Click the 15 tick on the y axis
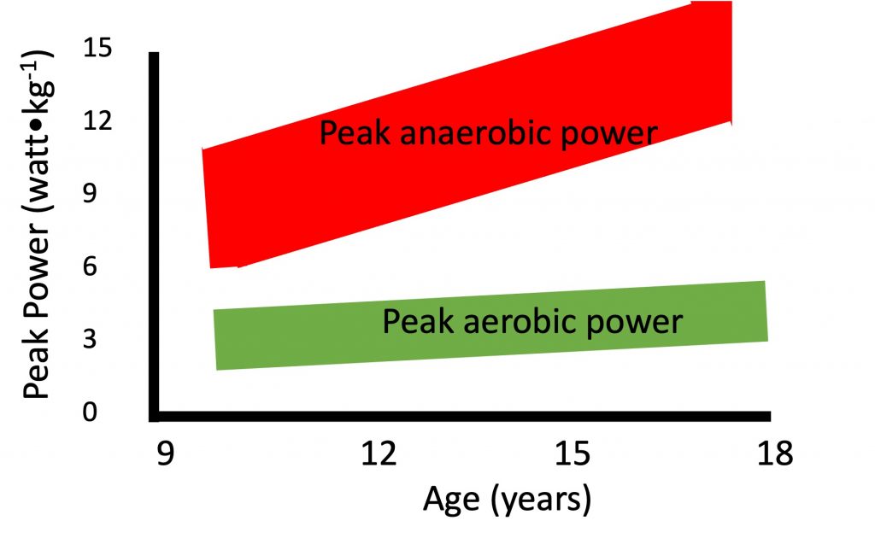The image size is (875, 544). click(x=100, y=49)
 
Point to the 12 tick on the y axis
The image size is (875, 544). click(x=100, y=121)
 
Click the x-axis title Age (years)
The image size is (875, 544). click(x=507, y=498)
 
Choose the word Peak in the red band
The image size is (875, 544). click(x=352, y=133)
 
